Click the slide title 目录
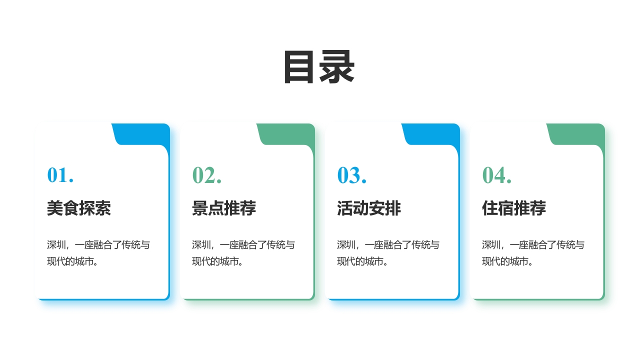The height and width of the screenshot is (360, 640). click(319, 67)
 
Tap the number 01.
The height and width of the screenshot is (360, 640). click(60, 175)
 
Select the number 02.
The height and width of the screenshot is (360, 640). click(206, 175)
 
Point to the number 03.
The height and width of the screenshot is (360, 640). click(351, 175)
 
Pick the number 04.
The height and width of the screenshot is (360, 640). click(496, 175)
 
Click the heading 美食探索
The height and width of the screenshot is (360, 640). click(79, 208)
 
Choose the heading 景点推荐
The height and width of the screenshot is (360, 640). click(224, 208)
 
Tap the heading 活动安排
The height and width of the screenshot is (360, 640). click(369, 208)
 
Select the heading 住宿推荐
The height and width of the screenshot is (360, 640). click(514, 208)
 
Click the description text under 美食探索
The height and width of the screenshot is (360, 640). click(98, 253)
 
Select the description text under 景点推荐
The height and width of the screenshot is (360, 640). click(243, 253)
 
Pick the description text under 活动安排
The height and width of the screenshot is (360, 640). click(388, 253)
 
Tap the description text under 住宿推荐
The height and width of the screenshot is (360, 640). click(533, 253)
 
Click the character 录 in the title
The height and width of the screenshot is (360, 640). click(337, 67)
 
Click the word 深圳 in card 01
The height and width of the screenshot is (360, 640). click(56, 245)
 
